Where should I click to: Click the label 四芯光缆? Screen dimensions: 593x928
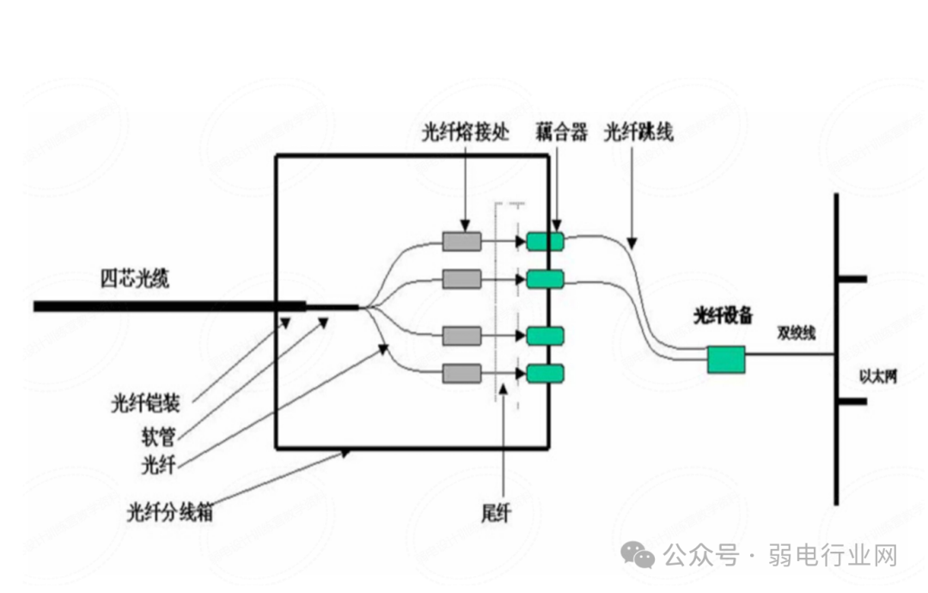tap(135, 279)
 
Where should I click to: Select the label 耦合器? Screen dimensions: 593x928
tap(560, 132)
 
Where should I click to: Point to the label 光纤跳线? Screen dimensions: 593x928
tap(638, 132)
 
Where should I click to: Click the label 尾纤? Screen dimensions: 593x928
tap(497, 514)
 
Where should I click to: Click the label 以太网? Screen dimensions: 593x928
tap(877, 376)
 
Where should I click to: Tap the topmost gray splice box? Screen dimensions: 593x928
tap(461, 241)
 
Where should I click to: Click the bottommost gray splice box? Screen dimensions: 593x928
tap(461, 373)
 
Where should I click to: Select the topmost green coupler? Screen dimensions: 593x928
tap(546, 241)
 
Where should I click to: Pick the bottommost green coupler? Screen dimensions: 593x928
tap(546, 373)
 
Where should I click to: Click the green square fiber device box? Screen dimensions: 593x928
tap(726, 359)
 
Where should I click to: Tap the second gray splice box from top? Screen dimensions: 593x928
tap(461, 278)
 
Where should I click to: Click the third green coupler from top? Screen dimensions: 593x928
tap(546, 336)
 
